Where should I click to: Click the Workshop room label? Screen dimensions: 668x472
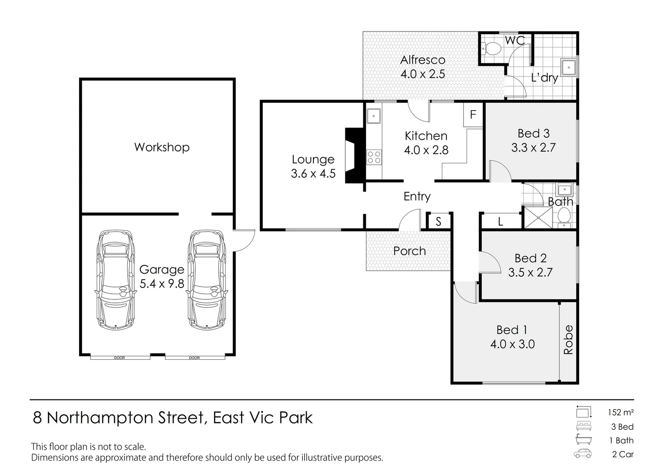[x=162, y=147]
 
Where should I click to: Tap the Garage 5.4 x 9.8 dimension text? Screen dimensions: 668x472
[x=162, y=284]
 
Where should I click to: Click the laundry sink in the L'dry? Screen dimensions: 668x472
[x=569, y=67]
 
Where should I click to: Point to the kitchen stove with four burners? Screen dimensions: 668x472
[x=374, y=157]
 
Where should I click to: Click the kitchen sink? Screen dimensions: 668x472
[x=374, y=116]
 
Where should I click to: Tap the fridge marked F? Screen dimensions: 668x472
[x=473, y=115]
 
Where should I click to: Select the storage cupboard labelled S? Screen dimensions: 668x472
[x=438, y=222]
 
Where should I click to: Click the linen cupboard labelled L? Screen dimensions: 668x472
[x=501, y=221]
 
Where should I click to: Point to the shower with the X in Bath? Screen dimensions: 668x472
[x=538, y=218]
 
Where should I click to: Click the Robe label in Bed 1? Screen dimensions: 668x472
[x=568, y=340]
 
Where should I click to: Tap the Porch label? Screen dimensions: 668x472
[x=410, y=251]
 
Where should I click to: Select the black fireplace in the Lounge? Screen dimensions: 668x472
[x=355, y=155]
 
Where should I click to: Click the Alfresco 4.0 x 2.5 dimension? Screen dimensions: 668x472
[x=423, y=74]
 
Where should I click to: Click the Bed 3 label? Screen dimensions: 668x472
[x=533, y=133]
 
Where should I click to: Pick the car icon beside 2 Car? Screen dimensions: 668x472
[x=583, y=454]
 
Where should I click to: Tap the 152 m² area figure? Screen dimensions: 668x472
[x=621, y=413]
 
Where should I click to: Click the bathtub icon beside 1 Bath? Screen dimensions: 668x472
[x=584, y=440]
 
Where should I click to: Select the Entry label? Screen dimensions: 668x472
[x=417, y=197]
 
